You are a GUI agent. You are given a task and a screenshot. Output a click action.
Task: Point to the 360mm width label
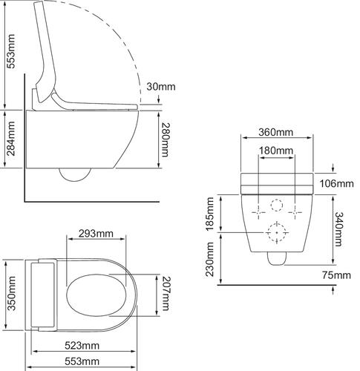click(275, 133)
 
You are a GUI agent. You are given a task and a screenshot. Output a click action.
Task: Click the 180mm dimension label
click(275, 151)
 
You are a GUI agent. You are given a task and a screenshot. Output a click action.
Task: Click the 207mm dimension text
click(165, 295)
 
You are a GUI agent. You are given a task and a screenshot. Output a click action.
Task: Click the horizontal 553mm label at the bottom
click(82, 361)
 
